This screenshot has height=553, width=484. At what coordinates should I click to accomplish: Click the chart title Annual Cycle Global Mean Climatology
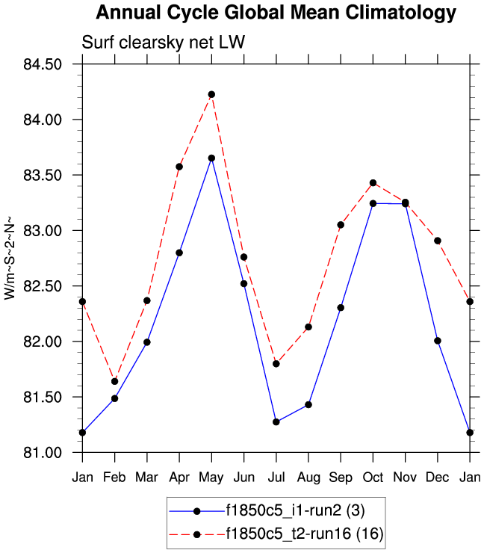276,13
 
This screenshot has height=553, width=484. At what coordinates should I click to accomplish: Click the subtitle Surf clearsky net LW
163,44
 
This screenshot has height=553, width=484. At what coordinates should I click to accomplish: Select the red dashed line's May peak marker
211,94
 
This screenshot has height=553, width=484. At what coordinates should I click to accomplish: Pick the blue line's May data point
211,158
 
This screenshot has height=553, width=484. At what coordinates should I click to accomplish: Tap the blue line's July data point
276,421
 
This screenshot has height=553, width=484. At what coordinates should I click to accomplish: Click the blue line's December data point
438,341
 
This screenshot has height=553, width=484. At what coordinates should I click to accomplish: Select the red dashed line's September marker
341,224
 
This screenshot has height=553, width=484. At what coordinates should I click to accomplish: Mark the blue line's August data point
308,404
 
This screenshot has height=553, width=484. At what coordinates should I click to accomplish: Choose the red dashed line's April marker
179,167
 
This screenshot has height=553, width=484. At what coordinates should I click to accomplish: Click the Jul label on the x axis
276,476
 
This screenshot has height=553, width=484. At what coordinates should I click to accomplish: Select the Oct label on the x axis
373,476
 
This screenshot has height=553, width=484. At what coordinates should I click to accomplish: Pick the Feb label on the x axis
114,476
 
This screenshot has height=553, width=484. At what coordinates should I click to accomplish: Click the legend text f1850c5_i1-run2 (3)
294,511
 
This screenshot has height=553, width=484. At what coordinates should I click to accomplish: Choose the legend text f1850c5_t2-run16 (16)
304,534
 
